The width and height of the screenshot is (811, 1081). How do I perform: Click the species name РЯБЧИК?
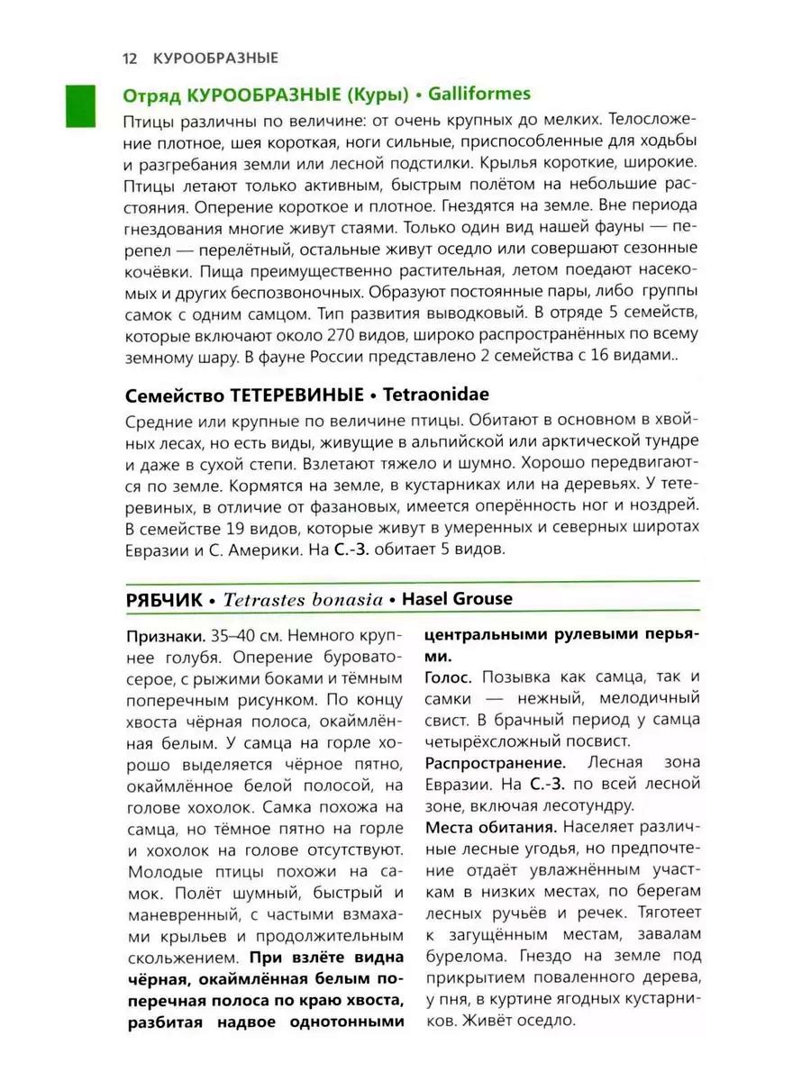tap(161, 598)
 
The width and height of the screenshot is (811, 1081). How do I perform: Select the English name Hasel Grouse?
tap(457, 598)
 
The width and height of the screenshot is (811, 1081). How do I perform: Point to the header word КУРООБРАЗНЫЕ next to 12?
tap(215, 58)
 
